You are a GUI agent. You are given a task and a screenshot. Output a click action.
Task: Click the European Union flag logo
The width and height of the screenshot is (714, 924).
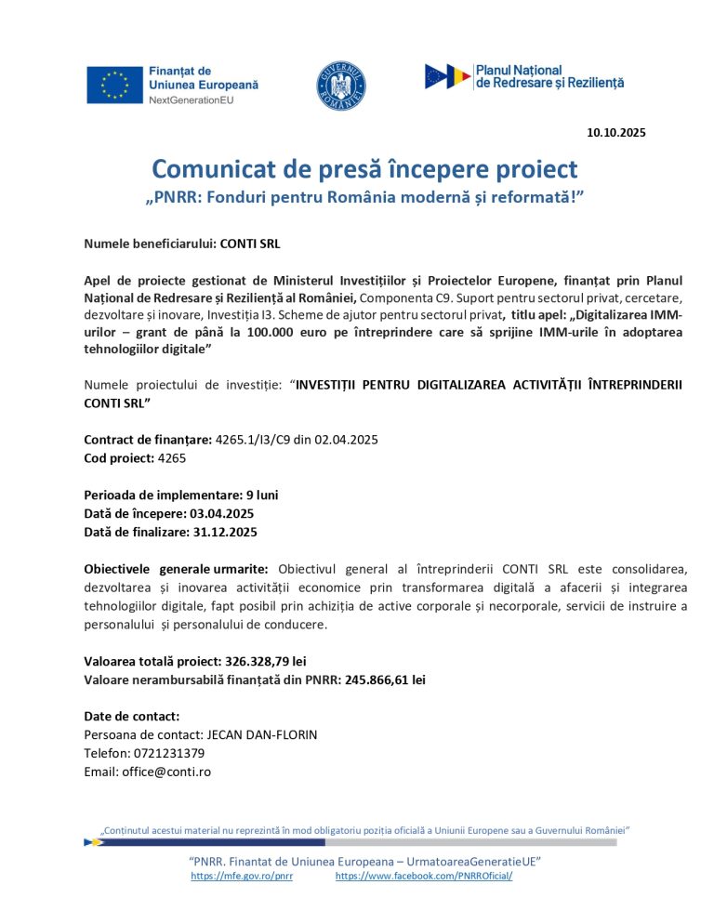click(114, 84)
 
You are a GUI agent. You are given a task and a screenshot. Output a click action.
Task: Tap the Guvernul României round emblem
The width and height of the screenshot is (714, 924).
click(341, 84)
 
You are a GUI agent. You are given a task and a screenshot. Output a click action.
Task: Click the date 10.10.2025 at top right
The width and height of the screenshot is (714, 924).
click(615, 132)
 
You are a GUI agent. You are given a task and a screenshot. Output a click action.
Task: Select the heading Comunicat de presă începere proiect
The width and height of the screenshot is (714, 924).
click(364, 169)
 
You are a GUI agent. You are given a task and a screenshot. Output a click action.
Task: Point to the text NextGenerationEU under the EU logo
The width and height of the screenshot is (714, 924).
click(192, 99)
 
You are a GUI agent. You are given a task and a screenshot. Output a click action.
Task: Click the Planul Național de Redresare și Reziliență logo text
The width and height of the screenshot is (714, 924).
click(549, 76)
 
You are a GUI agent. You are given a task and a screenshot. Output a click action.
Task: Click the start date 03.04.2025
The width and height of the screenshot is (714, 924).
click(221, 513)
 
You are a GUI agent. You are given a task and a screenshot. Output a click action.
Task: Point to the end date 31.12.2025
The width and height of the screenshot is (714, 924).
click(224, 532)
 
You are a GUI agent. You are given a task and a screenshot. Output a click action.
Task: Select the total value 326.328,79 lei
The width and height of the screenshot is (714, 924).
click(266, 661)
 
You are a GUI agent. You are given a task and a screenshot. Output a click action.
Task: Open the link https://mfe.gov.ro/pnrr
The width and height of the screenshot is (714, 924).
click(241, 877)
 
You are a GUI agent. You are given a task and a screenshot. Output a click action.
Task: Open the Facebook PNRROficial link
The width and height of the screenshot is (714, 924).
click(423, 877)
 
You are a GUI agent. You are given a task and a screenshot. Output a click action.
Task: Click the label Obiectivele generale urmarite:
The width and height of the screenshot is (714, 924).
click(176, 568)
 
